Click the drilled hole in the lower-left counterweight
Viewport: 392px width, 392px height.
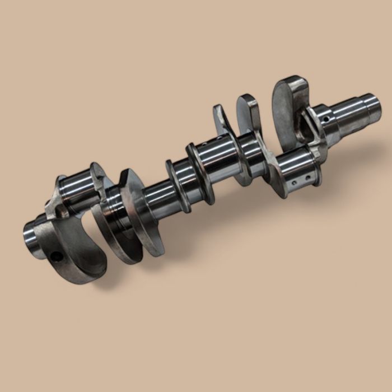[x=56, y=256]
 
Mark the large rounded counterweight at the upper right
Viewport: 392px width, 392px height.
[x=288, y=106]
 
